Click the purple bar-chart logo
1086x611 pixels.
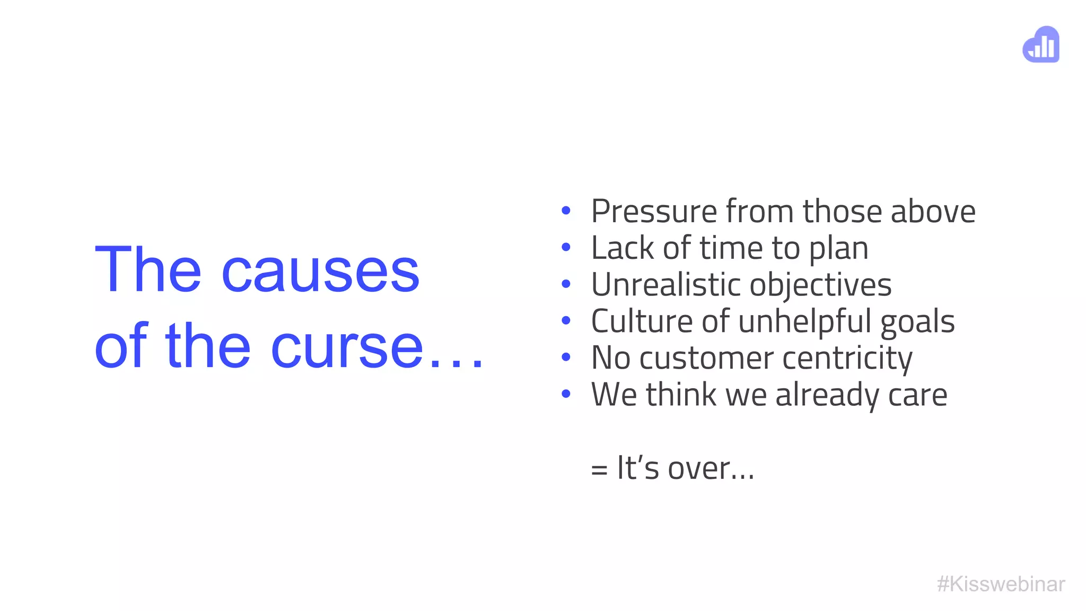(x=1041, y=45)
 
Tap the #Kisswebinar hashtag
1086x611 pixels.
(x=1001, y=584)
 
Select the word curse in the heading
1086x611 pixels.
(x=347, y=347)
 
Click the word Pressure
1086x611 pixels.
(x=654, y=211)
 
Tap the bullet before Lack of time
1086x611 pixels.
(x=566, y=247)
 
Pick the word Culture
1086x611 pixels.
(x=642, y=321)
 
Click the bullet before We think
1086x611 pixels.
(x=566, y=394)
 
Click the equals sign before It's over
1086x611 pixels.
(x=599, y=469)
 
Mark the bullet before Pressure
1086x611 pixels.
(x=566, y=211)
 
